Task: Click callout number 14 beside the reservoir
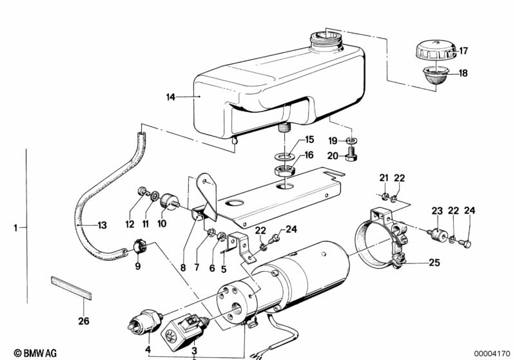pos(170,97)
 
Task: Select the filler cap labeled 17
pos(433,50)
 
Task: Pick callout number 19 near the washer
pos(333,140)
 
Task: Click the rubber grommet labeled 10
pos(170,200)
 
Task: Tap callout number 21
pos(384,178)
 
